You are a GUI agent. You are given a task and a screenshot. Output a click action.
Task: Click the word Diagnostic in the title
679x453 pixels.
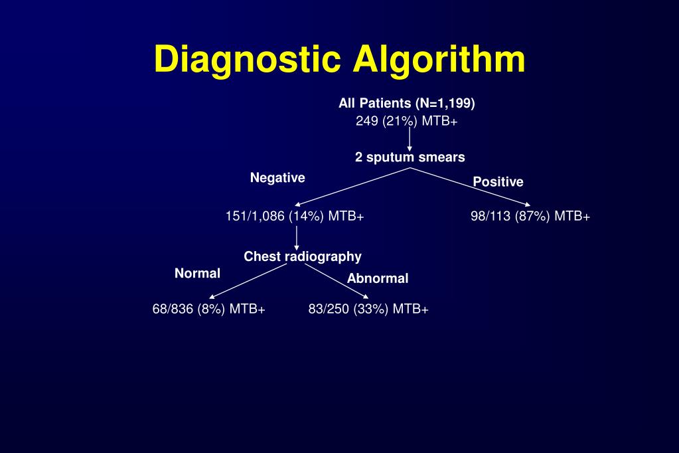(248, 60)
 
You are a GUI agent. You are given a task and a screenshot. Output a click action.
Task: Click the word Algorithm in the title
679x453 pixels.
(439, 60)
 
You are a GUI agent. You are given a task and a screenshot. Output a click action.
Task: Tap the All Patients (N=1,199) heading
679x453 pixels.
(407, 104)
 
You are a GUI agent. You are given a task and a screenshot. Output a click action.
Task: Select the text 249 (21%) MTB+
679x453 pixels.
(407, 122)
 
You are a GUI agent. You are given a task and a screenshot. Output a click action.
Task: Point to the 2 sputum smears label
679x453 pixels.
(410, 157)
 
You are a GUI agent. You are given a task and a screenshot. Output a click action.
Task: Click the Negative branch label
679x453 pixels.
(277, 177)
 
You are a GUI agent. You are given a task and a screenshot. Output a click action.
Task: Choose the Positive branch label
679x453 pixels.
(498, 182)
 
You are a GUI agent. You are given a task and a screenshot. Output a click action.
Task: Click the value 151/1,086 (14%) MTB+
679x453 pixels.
(295, 217)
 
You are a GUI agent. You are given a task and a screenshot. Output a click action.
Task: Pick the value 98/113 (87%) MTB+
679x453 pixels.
(530, 217)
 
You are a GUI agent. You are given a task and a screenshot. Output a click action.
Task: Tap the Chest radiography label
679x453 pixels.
(303, 256)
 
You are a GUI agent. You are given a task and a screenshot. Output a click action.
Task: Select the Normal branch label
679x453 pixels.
(197, 274)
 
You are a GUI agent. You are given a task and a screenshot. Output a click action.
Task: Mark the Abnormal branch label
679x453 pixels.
(378, 279)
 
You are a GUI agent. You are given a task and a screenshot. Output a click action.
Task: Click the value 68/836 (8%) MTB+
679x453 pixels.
(209, 309)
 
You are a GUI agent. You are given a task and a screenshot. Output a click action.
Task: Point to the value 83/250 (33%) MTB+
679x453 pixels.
(368, 309)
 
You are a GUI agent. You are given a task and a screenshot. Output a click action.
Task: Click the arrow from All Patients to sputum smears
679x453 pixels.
(410, 138)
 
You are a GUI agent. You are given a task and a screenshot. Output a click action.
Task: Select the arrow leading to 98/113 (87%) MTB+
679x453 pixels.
(471, 187)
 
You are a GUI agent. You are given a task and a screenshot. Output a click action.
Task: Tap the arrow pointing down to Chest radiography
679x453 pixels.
(297, 237)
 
